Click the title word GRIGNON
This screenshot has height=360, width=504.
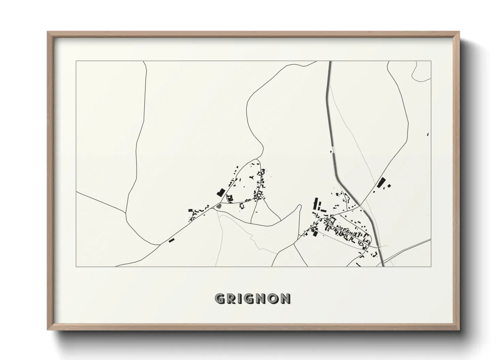(252, 298)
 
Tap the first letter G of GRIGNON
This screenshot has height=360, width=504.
(219, 298)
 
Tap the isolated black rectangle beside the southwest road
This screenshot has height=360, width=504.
(172, 241)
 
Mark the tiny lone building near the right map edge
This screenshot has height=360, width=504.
(428, 134)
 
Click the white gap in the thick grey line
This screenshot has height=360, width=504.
(333, 149)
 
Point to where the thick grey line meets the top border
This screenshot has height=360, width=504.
(330, 61)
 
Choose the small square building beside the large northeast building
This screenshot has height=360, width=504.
(389, 186)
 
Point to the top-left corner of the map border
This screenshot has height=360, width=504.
(76, 61)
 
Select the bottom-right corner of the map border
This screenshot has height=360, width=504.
(431, 266)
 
